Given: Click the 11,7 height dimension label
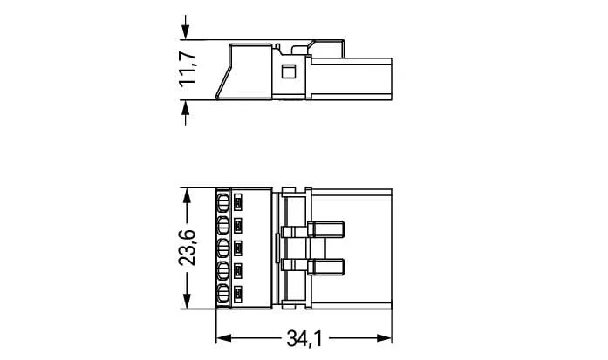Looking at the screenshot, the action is pyautogui.click(x=188, y=68).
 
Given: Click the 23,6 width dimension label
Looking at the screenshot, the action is pyautogui.click(x=188, y=248).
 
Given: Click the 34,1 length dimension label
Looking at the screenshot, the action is pyautogui.click(x=304, y=339).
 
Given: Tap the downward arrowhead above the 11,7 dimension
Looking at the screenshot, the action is pyautogui.click(x=185, y=31).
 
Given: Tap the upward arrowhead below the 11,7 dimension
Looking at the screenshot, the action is pyautogui.click(x=185, y=108).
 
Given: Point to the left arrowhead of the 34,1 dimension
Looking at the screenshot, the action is pyautogui.click(x=223, y=338).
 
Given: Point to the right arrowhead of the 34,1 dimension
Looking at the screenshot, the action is pyautogui.click(x=384, y=338).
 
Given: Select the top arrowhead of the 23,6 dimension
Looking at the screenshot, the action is pyautogui.click(x=187, y=196).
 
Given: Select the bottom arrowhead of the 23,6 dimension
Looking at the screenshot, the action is pyautogui.click(x=187, y=302).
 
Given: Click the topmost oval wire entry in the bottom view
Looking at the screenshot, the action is pyautogui.click(x=222, y=203).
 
